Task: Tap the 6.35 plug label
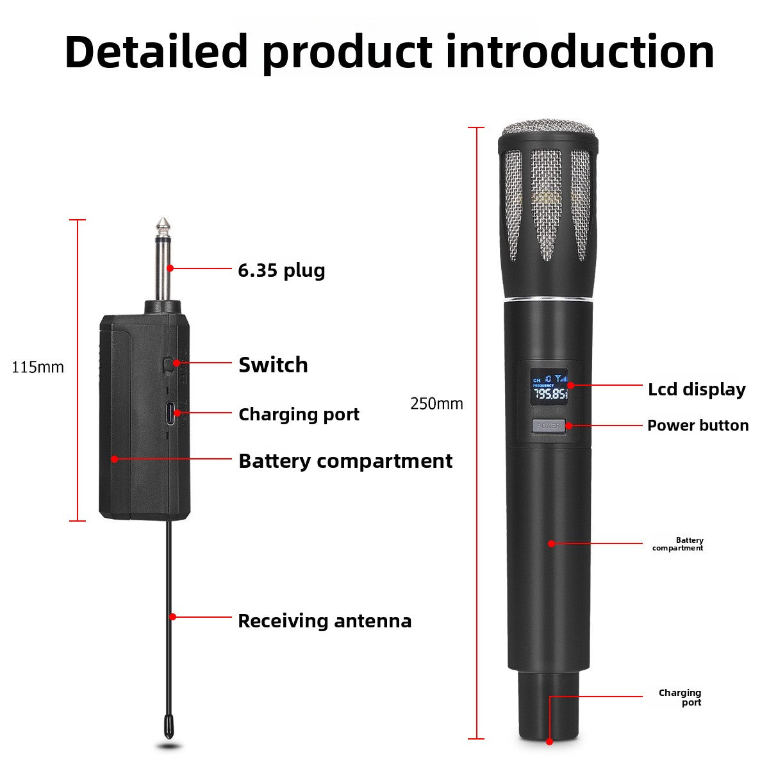pos(281,271)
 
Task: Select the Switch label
pos(273,365)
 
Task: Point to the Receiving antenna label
pos(324,621)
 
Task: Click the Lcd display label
pos(697,390)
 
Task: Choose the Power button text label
pos(698,426)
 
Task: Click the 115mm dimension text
pos(38,367)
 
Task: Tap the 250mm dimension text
pos(436,404)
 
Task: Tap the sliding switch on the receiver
pos(169,365)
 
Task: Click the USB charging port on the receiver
pos(171,413)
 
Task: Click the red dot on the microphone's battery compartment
pos(551,543)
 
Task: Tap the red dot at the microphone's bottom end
pos(549,741)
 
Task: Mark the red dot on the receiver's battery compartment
pos(115,459)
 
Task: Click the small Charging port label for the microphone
pos(680,697)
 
